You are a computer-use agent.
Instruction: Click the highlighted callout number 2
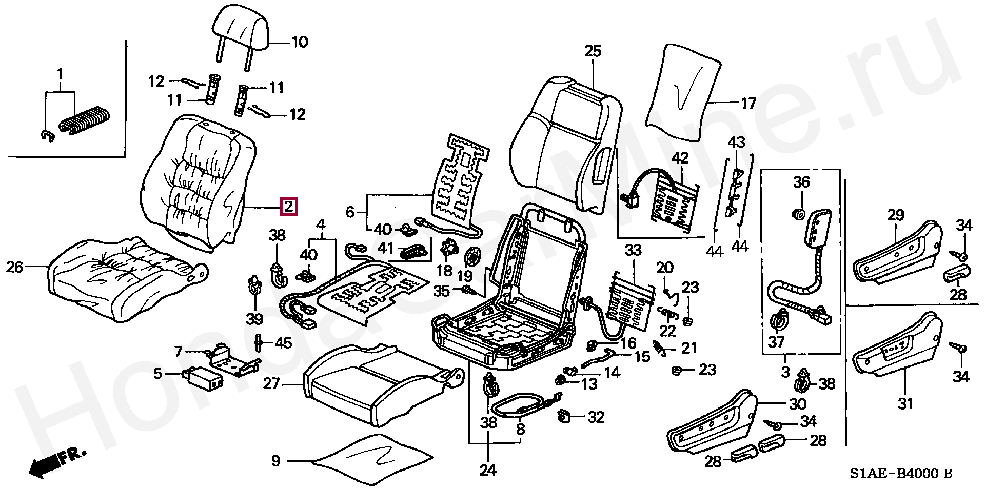tap(289, 207)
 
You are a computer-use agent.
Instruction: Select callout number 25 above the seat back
tap(593, 51)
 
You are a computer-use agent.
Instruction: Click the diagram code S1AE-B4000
tap(895, 474)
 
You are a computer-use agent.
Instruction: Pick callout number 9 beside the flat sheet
tap(276, 461)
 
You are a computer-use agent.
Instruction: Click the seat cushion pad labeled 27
tap(375, 384)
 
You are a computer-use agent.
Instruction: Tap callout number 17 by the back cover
tap(748, 104)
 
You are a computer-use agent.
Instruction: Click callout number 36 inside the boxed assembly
tap(801, 182)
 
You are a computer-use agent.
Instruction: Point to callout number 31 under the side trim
tap(905, 404)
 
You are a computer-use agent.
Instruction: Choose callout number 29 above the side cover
tap(895, 215)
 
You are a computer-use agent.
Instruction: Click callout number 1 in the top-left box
tap(60, 75)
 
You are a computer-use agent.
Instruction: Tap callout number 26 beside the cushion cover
tap(15, 267)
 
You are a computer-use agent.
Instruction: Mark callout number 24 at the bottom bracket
tap(488, 470)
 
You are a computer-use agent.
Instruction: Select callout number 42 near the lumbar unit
tap(680, 158)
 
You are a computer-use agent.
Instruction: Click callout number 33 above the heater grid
tap(633, 251)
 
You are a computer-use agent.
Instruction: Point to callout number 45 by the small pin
tap(283, 343)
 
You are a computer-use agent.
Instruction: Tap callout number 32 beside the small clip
tap(596, 417)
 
